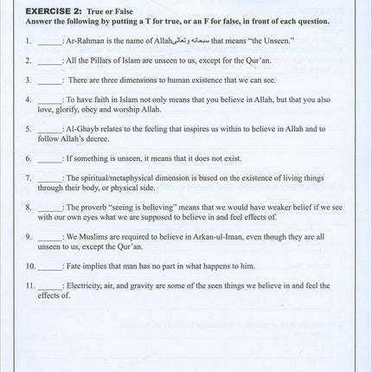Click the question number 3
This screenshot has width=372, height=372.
click(29, 80)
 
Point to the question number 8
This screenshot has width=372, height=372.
click(29, 208)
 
